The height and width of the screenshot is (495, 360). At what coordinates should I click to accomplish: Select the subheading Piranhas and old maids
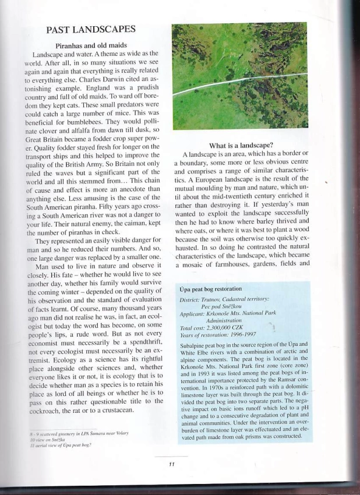(x=93, y=45)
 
